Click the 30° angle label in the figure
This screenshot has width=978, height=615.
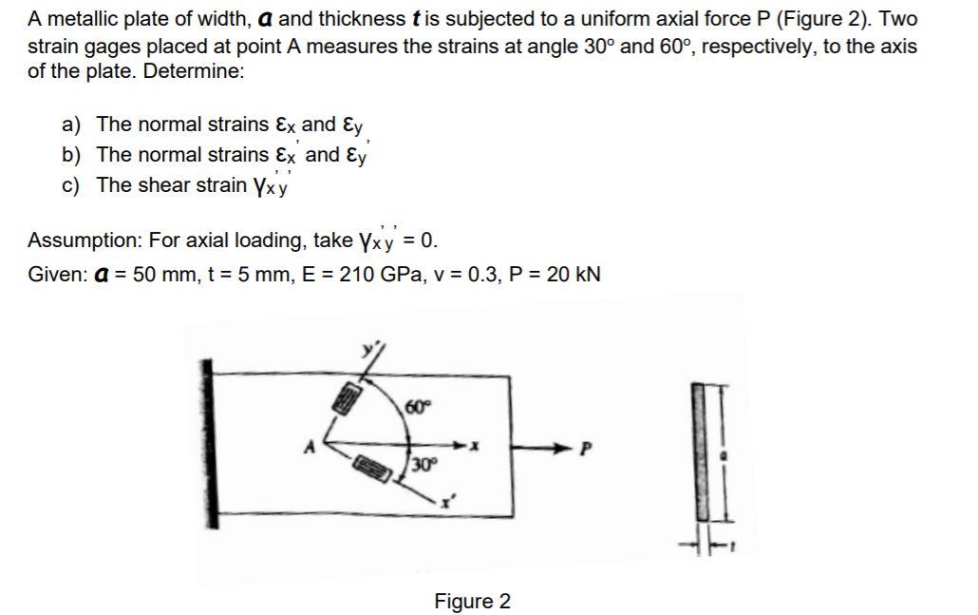423,465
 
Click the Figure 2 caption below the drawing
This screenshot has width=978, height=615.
472,602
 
